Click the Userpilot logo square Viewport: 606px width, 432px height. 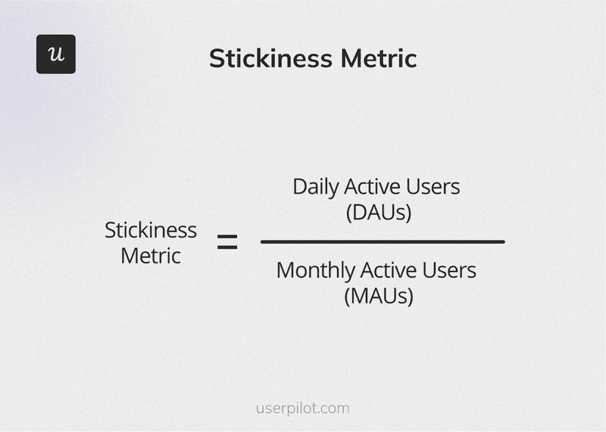click(56, 54)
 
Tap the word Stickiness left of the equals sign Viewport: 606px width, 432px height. click(150, 230)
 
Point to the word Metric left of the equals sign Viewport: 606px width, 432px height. click(151, 256)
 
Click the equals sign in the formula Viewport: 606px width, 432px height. click(227, 243)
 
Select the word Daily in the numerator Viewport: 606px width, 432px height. click(317, 187)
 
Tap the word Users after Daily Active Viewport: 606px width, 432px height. click(435, 186)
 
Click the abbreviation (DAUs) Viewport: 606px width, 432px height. click(378, 213)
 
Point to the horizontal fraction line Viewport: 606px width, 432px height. click(383, 242)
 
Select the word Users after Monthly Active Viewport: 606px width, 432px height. click(451, 269)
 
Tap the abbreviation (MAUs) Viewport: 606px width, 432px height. click(378, 296)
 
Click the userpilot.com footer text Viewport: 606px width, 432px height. click(303, 409)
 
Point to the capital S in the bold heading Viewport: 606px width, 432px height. click(217, 58)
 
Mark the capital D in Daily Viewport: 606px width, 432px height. click(299, 186)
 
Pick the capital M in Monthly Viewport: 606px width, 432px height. click(285, 269)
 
